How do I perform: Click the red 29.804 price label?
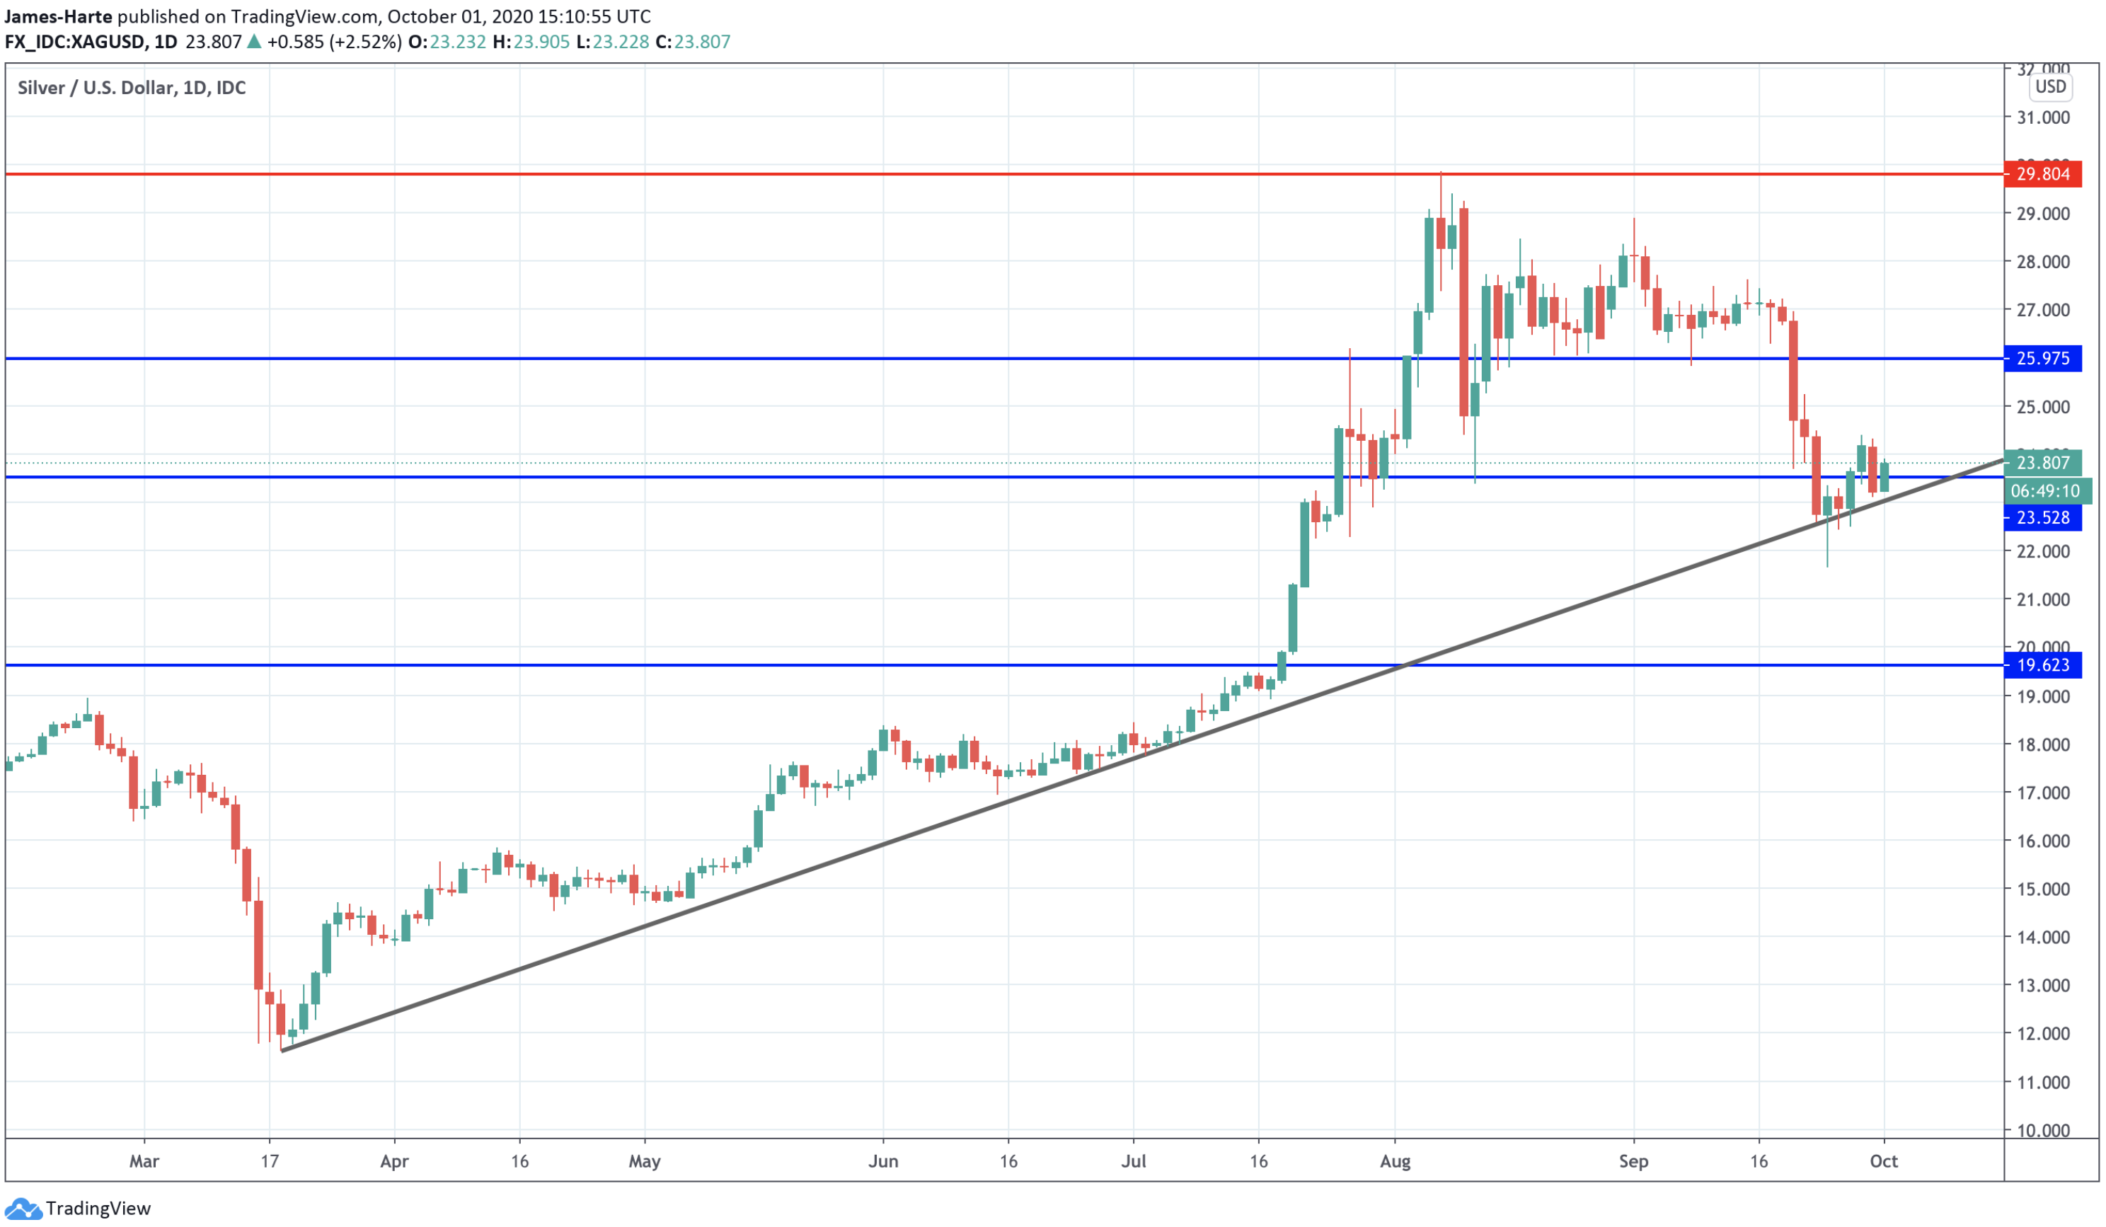[2042, 174]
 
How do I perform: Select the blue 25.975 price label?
[2042, 359]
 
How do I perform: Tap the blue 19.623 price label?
[2042, 665]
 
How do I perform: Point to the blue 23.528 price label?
[2042, 518]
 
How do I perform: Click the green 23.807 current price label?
[2042, 463]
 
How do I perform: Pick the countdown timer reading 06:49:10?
[2045, 492]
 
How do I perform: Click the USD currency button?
[2050, 87]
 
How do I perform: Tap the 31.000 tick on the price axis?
[2042, 118]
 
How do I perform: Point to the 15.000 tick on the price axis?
[2042, 889]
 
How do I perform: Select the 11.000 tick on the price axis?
[2042, 1083]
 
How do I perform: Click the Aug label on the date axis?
[1395, 1162]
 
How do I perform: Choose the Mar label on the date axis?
[144, 1162]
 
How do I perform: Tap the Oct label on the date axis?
[1884, 1162]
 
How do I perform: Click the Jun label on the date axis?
[883, 1162]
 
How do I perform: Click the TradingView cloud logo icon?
[23, 1209]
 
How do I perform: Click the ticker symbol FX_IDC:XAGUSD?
[74, 42]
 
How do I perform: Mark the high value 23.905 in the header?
[541, 42]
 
